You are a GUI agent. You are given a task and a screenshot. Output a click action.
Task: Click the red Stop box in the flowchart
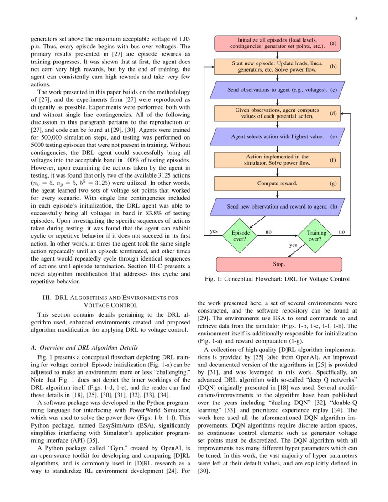pos(278,264)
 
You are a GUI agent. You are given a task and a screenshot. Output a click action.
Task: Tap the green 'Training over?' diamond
pos(317,235)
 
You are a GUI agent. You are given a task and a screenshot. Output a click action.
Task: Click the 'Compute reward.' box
pos(277,183)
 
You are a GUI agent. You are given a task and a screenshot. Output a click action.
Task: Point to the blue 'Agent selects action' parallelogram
pos(277,136)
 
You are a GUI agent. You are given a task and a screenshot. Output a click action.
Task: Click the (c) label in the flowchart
pos(334,90)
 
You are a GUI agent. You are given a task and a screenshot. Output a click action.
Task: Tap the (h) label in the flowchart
pos(334,206)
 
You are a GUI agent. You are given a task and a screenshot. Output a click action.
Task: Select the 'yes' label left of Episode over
pos(213,231)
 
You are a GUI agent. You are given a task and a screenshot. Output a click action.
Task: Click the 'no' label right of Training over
pos(341,232)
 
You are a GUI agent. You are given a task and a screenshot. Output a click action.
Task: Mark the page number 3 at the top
pos(355,18)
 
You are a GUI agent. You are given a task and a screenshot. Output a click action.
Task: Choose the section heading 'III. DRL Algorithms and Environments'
pos(110,301)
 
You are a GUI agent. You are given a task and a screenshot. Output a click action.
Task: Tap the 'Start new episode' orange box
pos(277,67)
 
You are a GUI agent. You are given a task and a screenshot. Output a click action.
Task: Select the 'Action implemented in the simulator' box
pos(277,160)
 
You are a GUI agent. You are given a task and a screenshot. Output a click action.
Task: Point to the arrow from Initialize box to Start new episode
pos(278,55)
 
